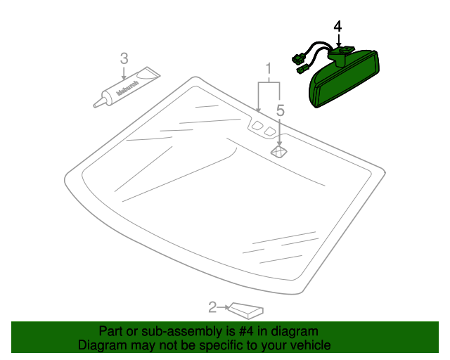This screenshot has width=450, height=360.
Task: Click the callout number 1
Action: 269,69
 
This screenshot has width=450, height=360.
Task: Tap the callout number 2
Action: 212,307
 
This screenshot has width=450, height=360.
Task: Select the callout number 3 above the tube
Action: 124,58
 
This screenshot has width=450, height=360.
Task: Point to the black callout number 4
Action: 337,27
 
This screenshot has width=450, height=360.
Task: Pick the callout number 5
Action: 280,110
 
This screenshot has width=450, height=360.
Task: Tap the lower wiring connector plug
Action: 303,70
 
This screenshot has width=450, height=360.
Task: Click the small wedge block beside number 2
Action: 247,308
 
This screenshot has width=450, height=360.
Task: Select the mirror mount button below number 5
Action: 279,150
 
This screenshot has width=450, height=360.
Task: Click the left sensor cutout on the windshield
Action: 257,126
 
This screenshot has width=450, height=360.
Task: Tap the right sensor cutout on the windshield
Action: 270,131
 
